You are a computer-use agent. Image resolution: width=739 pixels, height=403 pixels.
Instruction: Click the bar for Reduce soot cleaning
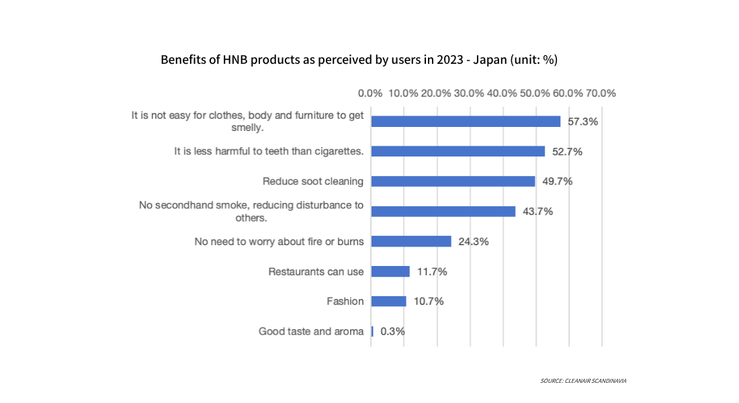453,181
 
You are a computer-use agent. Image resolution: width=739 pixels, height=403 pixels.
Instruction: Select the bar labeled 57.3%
466,122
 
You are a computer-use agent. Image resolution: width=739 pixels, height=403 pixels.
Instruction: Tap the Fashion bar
388,301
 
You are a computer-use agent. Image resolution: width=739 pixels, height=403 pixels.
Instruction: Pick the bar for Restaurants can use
390,271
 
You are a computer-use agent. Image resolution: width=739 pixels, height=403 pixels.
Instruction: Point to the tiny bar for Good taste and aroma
372,331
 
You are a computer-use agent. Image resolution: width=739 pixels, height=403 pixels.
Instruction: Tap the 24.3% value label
472,242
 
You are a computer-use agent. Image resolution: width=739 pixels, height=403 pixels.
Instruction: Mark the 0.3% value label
392,332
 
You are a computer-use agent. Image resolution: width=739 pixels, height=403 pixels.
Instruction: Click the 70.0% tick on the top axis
601,93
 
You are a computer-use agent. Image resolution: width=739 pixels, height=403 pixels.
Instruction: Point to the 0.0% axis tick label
370,93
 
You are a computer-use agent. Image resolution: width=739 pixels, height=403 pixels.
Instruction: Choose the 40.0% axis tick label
502,93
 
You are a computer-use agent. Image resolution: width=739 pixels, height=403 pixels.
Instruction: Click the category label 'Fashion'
345,302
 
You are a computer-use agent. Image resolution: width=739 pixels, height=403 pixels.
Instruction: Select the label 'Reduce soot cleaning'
313,181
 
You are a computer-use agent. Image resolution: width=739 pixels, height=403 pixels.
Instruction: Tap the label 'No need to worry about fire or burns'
279,242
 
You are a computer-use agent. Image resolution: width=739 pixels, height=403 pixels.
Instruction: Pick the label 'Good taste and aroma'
311,331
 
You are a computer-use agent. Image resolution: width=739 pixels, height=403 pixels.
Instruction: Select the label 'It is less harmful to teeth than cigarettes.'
269,151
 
